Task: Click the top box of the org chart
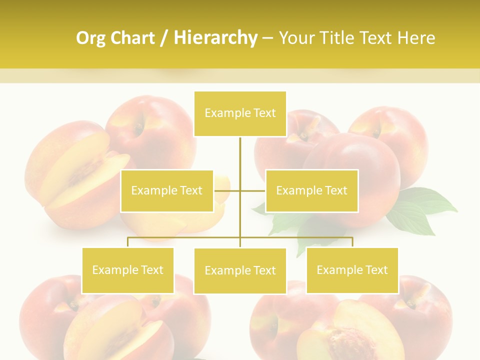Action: pos(240,113)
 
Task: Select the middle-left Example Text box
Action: pos(167,190)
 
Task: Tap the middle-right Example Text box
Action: pos(311,190)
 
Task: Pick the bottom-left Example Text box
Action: pos(128,270)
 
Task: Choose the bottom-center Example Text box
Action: pos(240,270)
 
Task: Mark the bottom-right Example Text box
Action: pos(352,270)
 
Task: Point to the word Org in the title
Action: pos(90,38)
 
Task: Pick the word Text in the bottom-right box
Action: pos(376,270)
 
